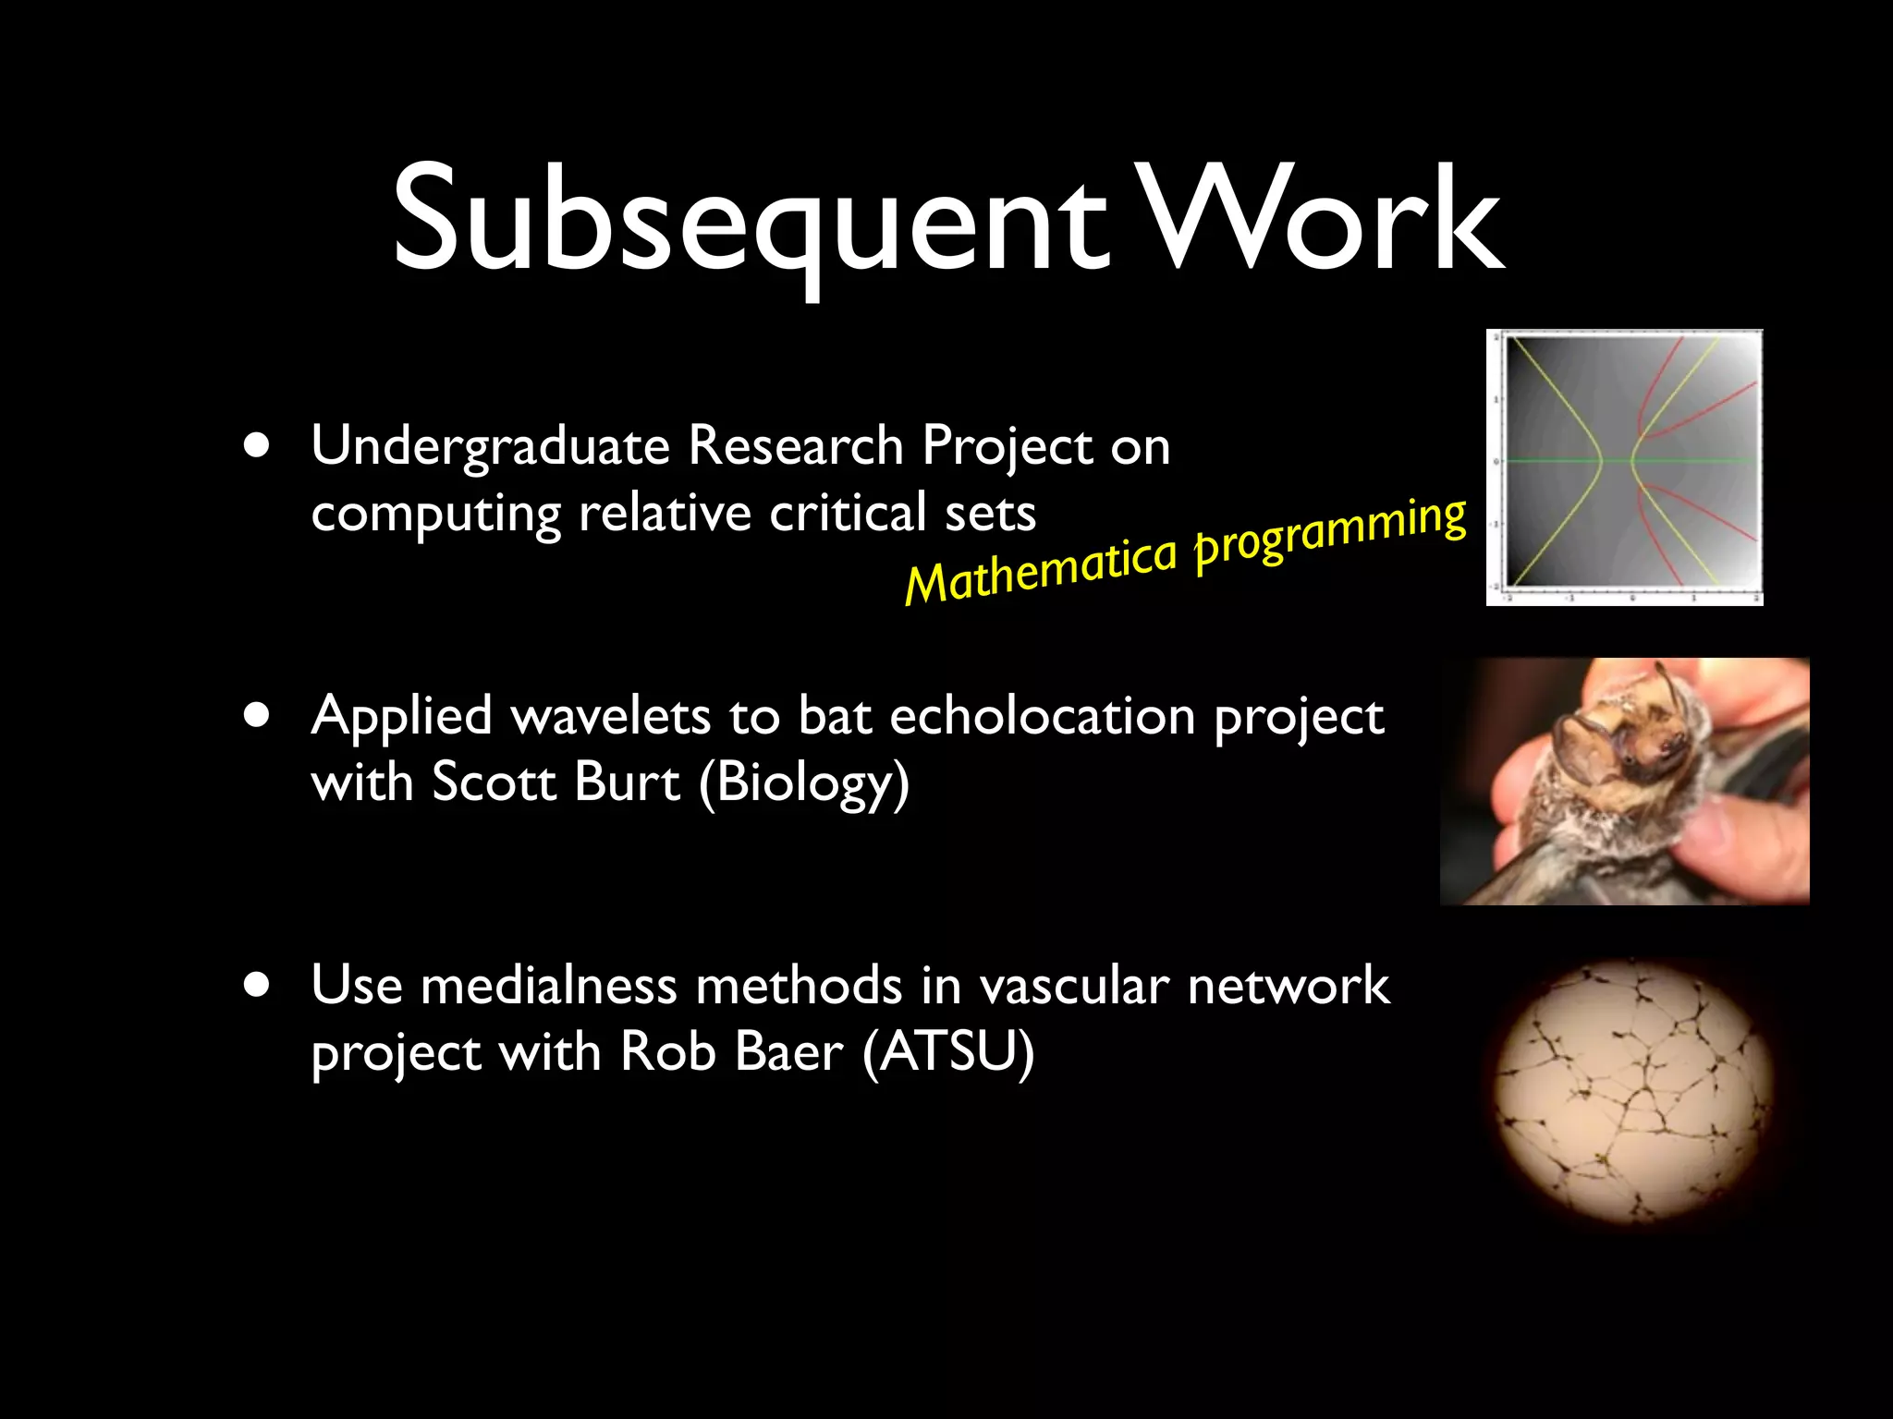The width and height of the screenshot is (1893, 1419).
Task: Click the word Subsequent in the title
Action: [x=749, y=222]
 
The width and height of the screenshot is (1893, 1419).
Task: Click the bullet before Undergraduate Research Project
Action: [x=258, y=446]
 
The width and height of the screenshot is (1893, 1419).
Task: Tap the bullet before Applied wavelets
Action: [x=258, y=716]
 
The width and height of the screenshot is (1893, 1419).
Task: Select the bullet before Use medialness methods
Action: [x=258, y=986]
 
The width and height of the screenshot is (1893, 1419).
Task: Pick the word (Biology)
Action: [x=804, y=783]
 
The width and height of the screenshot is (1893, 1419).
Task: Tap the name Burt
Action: [x=627, y=782]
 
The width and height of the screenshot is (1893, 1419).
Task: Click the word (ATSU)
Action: [x=948, y=1052]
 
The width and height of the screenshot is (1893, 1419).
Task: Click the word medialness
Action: [x=549, y=986]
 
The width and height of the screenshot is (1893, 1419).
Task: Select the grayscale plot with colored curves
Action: [x=1625, y=467]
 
